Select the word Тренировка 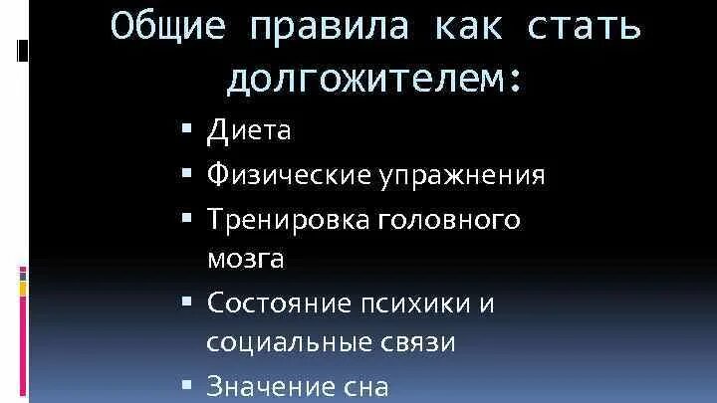tap(289, 219)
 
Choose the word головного tap(449, 219)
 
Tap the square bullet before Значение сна tap(187, 383)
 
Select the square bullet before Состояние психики tap(187, 299)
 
